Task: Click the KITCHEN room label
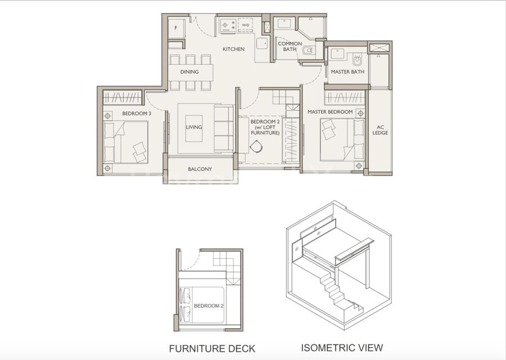pyautogui.click(x=233, y=49)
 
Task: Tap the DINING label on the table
pyautogui.click(x=189, y=71)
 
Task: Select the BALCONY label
pyautogui.click(x=200, y=169)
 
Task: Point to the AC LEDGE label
pyautogui.click(x=380, y=130)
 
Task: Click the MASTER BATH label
pyautogui.click(x=347, y=71)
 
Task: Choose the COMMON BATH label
pyautogui.click(x=290, y=46)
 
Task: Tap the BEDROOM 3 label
pyautogui.click(x=137, y=113)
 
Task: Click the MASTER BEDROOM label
pyautogui.click(x=330, y=112)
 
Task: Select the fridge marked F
pyautogui.click(x=176, y=28)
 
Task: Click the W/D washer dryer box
pyautogui.click(x=245, y=25)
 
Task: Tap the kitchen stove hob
pyautogui.click(x=229, y=25)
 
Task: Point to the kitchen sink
pyautogui.click(x=262, y=43)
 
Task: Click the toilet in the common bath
pyautogui.click(x=308, y=51)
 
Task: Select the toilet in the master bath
pyautogui.click(x=357, y=60)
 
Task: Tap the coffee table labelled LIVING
pyautogui.click(x=193, y=128)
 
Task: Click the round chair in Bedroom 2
pyautogui.click(x=256, y=147)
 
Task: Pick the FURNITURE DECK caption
pyautogui.click(x=212, y=349)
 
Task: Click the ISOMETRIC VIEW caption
pyautogui.click(x=342, y=348)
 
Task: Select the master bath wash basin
pyautogui.click(x=337, y=53)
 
